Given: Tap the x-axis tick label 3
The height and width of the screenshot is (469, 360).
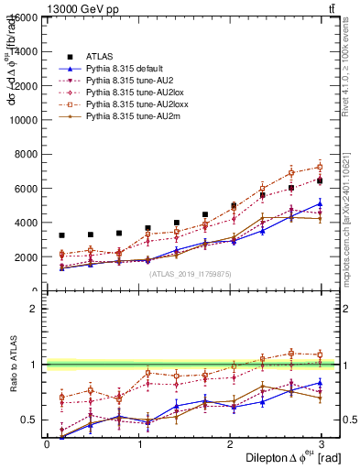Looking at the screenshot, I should point(321,443).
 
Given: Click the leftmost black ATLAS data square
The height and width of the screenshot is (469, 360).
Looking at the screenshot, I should point(61,235).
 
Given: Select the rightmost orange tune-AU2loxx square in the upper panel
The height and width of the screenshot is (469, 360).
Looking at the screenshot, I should point(320,167).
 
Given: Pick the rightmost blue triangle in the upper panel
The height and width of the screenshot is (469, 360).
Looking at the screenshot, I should point(320,203).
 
